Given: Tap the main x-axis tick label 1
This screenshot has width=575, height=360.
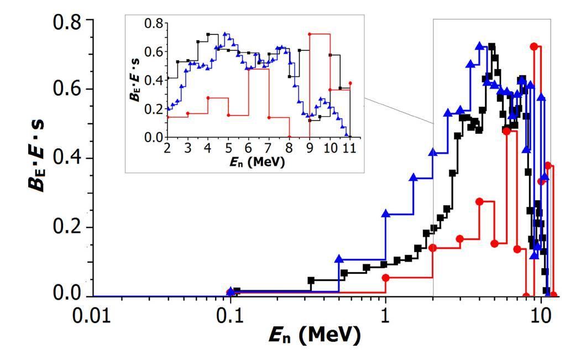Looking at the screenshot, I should (385, 320).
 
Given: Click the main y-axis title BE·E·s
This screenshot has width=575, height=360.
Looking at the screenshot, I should (39, 158).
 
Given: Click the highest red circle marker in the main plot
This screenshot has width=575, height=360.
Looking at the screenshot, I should (534, 46).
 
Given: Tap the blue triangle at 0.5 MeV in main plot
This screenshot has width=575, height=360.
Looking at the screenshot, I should (339, 258).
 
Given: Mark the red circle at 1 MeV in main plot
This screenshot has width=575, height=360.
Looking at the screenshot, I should (385, 278).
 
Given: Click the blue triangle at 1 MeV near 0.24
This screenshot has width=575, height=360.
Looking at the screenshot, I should (385, 213).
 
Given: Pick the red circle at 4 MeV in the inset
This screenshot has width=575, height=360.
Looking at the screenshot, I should (208, 98).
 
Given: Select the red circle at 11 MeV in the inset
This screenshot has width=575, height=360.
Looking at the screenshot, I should (350, 84).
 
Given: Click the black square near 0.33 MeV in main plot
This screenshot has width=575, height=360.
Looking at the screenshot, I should (311, 280).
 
